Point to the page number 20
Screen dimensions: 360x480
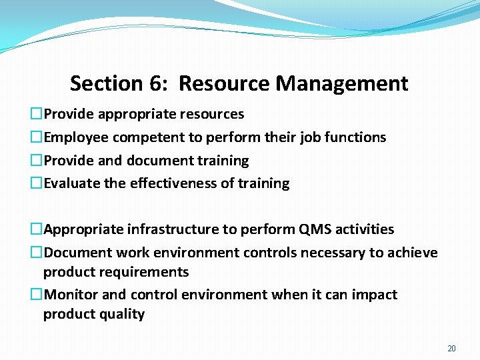click(x=451, y=349)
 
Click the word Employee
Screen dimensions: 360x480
click(x=76, y=137)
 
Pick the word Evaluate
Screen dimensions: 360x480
click(x=72, y=183)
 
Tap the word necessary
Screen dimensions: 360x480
click(x=333, y=253)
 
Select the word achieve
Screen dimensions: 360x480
click(x=413, y=253)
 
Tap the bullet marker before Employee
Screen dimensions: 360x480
click(x=37, y=137)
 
